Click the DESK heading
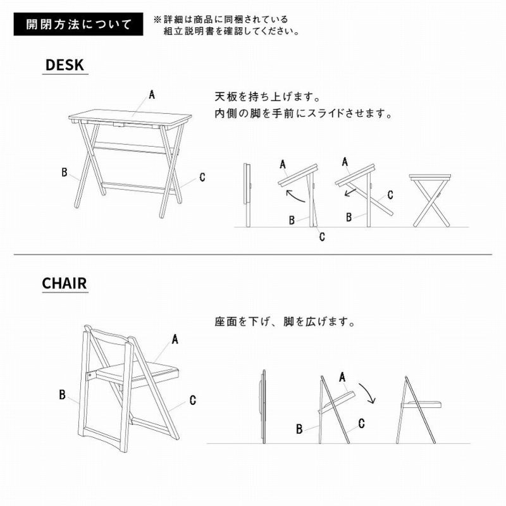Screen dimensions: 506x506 pyautogui.click(x=65, y=65)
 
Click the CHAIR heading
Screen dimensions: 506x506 pyautogui.click(x=65, y=283)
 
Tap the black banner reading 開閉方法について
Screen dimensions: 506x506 pyautogui.click(x=78, y=24)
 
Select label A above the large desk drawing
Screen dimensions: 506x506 pyautogui.click(x=152, y=94)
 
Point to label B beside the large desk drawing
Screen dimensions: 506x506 pyautogui.click(x=65, y=172)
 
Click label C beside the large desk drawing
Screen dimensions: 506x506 pyautogui.click(x=202, y=177)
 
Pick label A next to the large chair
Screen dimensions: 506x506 pyautogui.click(x=175, y=339)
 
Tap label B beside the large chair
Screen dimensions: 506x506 pyautogui.click(x=62, y=394)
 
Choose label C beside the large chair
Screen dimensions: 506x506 pyautogui.click(x=193, y=400)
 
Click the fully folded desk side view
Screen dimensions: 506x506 pyautogui.click(x=247, y=195)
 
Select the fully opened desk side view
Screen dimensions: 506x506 pyautogui.click(x=431, y=200)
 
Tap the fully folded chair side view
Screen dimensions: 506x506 pyautogui.click(x=264, y=407)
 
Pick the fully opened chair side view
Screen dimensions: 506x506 pyautogui.click(x=419, y=410)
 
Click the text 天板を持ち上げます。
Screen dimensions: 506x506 pyautogui.click(x=268, y=97)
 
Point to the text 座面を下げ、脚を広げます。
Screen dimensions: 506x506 pyautogui.click(x=285, y=322)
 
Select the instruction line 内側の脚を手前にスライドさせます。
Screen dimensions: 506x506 pyautogui.click(x=304, y=114)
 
